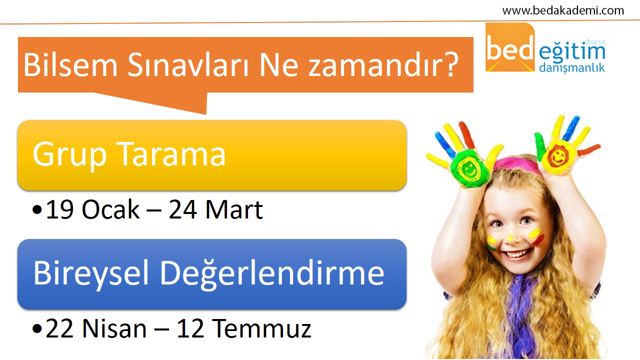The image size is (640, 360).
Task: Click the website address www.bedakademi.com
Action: click(x=563, y=11)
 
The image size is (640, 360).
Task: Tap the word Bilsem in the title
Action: click(x=70, y=65)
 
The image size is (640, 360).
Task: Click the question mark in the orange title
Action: click(x=450, y=64)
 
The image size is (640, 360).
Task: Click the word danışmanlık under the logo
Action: click(x=572, y=68)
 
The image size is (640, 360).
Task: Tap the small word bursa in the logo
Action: click(x=596, y=42)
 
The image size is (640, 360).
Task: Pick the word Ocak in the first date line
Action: click(x=110, y=209)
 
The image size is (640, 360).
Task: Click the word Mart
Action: click(x=234, y=209)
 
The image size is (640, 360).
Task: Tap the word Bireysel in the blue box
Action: click(x=91, y=273)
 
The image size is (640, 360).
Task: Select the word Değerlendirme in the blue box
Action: click(x=272, y=273)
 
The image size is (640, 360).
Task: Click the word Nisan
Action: click(x=114, y=328)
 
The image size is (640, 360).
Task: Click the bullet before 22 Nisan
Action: click(x=37, y=329)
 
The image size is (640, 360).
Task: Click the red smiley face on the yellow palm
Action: click(x=557, y=156)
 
